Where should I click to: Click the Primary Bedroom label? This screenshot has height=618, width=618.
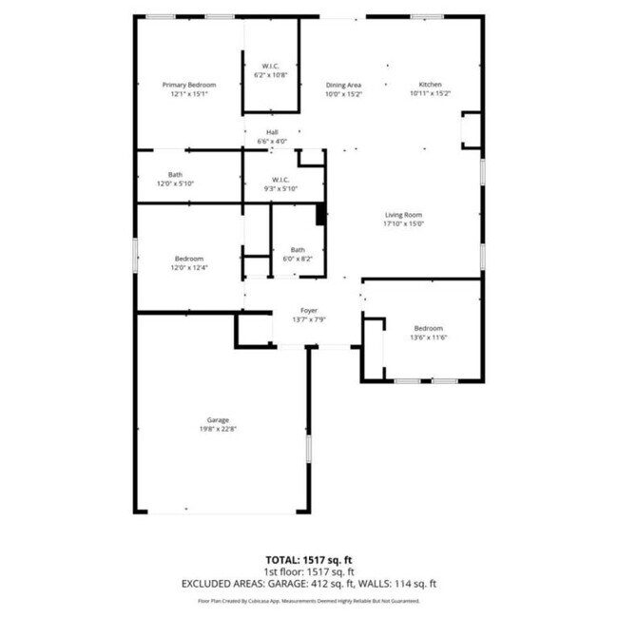(188, 85)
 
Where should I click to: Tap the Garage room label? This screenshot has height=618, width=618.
(219, 419)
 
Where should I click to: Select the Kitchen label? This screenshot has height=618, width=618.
(430, 85)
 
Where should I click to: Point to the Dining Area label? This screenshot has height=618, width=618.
(343, 85)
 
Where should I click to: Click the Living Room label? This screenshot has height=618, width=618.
(403, 215)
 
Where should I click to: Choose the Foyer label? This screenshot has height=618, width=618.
(309, 311)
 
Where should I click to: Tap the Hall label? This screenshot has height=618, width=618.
(272, 132)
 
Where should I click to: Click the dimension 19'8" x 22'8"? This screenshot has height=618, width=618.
(219, 429)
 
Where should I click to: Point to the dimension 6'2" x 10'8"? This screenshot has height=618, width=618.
(271, 74)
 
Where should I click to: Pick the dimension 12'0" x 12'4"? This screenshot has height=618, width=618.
(188, 268)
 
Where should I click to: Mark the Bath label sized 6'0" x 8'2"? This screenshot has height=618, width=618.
(298, 249)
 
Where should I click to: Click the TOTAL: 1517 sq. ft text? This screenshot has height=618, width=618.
(309, 559)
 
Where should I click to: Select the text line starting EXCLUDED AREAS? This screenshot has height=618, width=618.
(309, 584)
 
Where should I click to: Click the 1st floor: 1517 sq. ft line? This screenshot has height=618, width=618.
(309, 571)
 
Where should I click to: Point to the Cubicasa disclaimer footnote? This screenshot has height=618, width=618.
(309, 601)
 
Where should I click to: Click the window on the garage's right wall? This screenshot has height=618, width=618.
(308, 449)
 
